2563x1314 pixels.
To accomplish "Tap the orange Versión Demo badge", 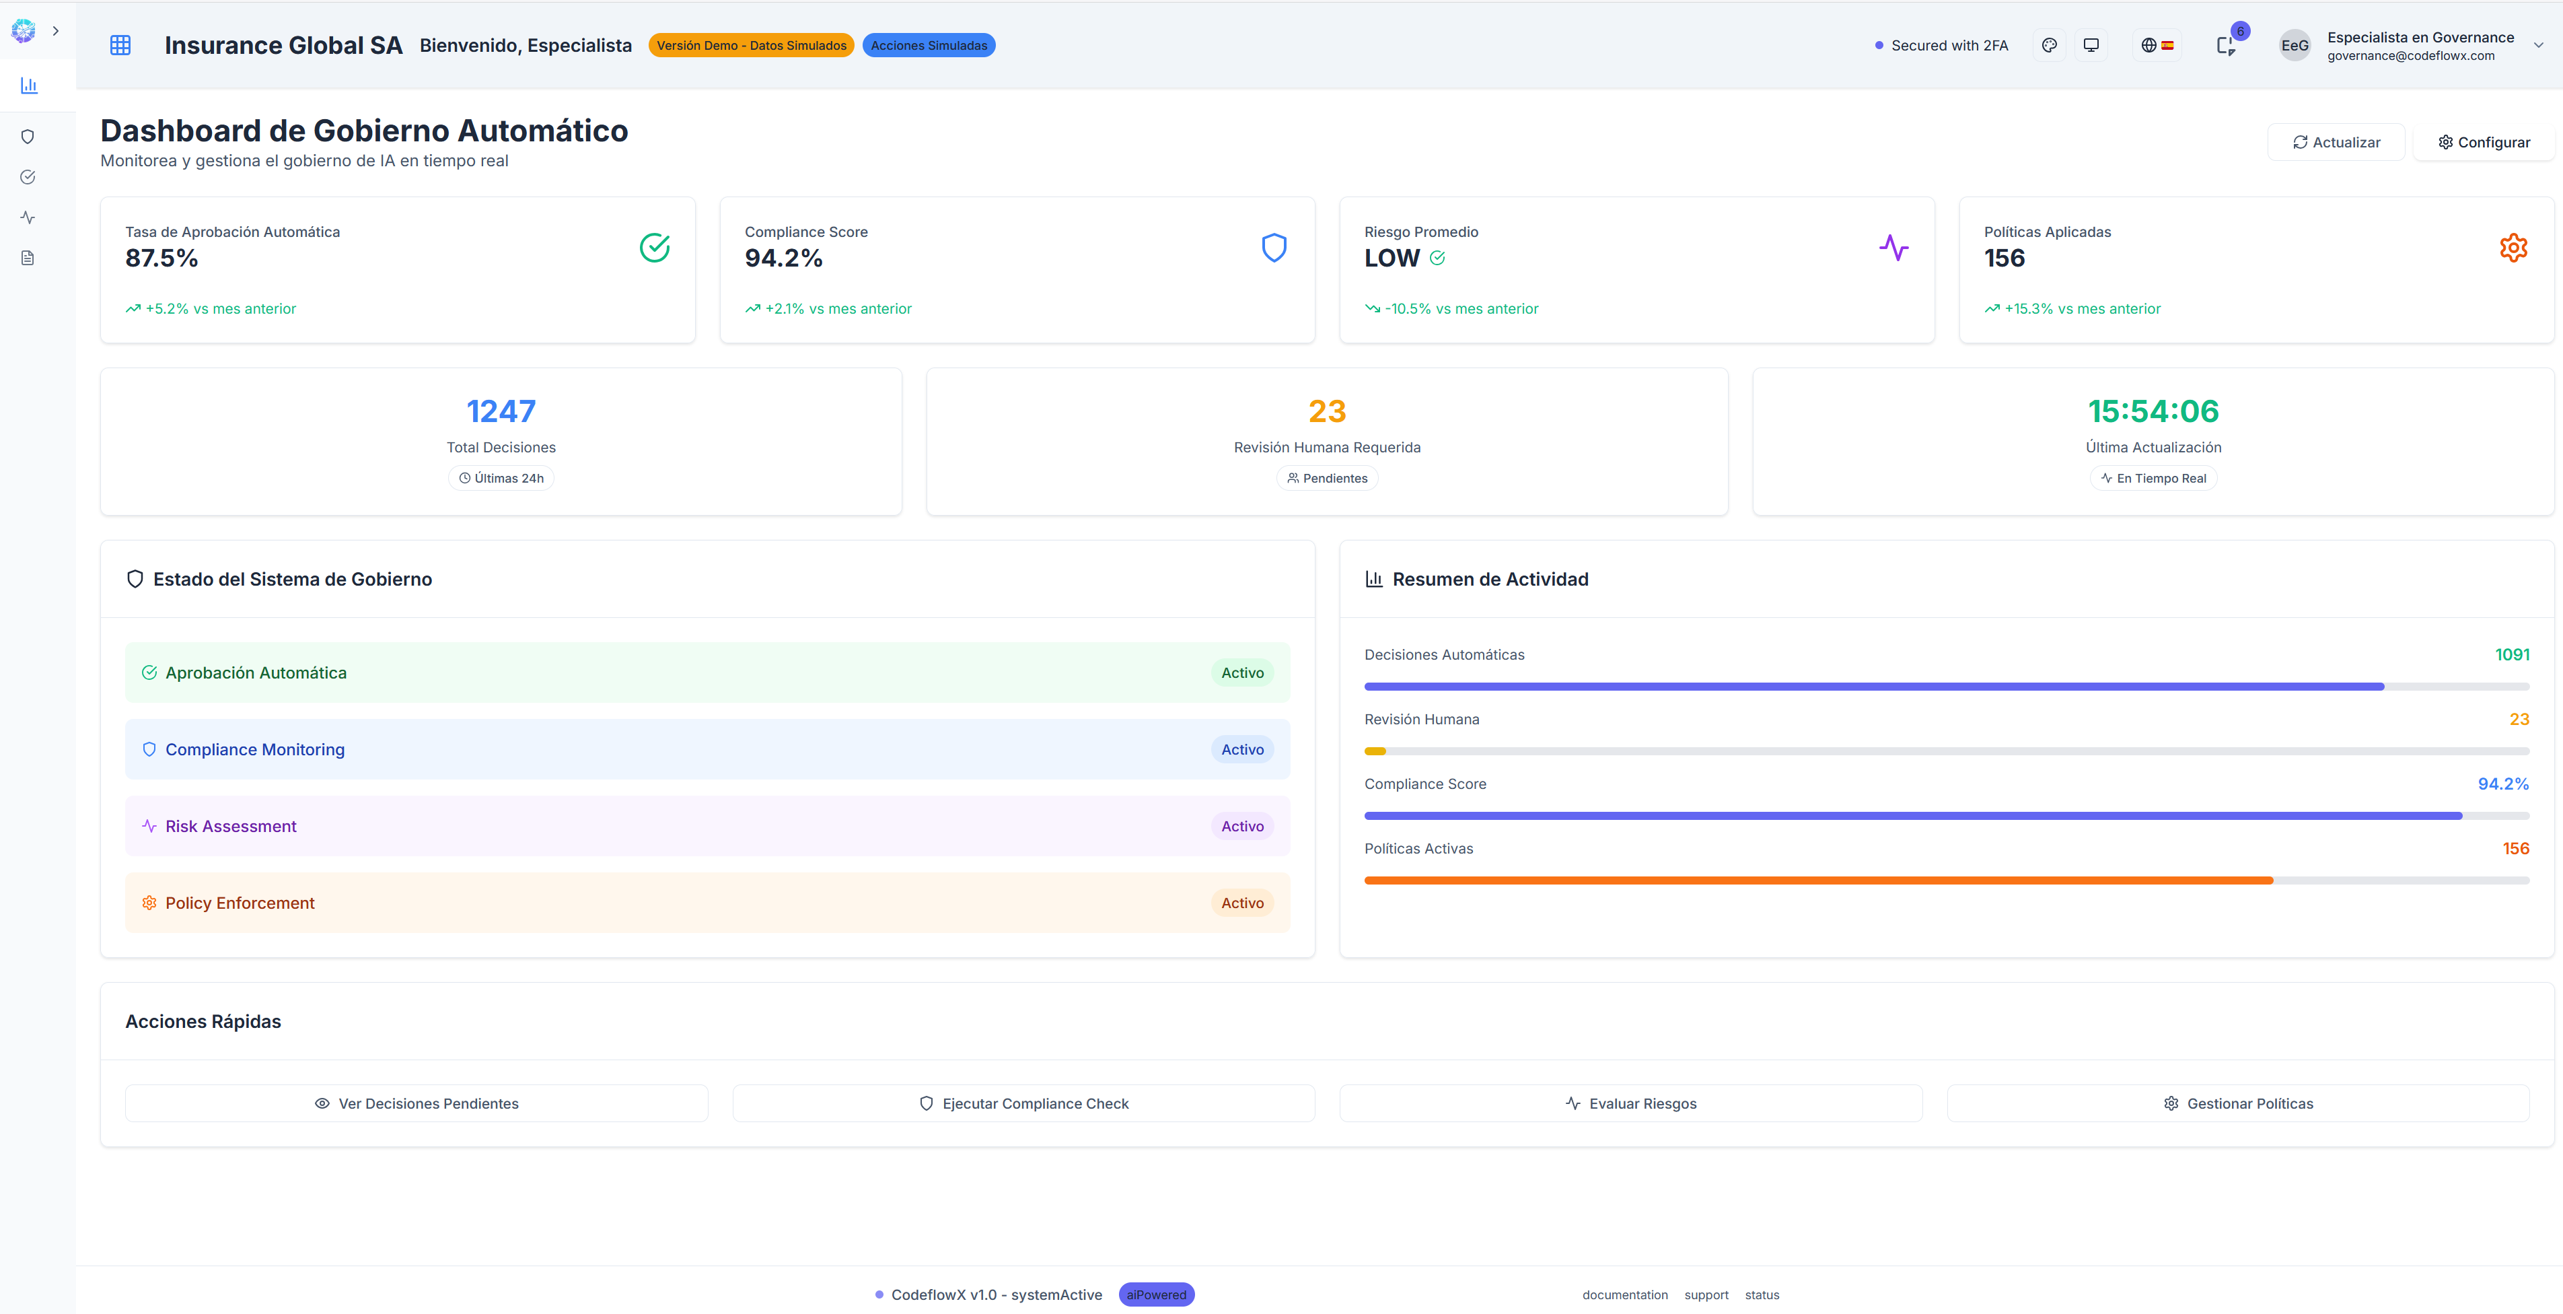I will tap(751, 46).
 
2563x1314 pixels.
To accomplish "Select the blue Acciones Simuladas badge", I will tap(929, 46).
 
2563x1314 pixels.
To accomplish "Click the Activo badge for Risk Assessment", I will tap(1241, 826).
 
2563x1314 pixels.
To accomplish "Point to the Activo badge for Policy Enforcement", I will tap(1241, 903).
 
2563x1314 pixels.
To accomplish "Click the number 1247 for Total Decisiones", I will tap(501, 411).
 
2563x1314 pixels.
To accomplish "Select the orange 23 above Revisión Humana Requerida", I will tap(1326, 411).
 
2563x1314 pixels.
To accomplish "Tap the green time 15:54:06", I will tap(2153, 411).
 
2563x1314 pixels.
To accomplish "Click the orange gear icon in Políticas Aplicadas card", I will tap(2513, 248).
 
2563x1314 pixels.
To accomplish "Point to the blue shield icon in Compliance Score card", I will tap(1274, 248).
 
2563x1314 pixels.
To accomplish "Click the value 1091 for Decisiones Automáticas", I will tap(2511, 655).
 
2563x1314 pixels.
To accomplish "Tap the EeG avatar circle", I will tap(2295, 46).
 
